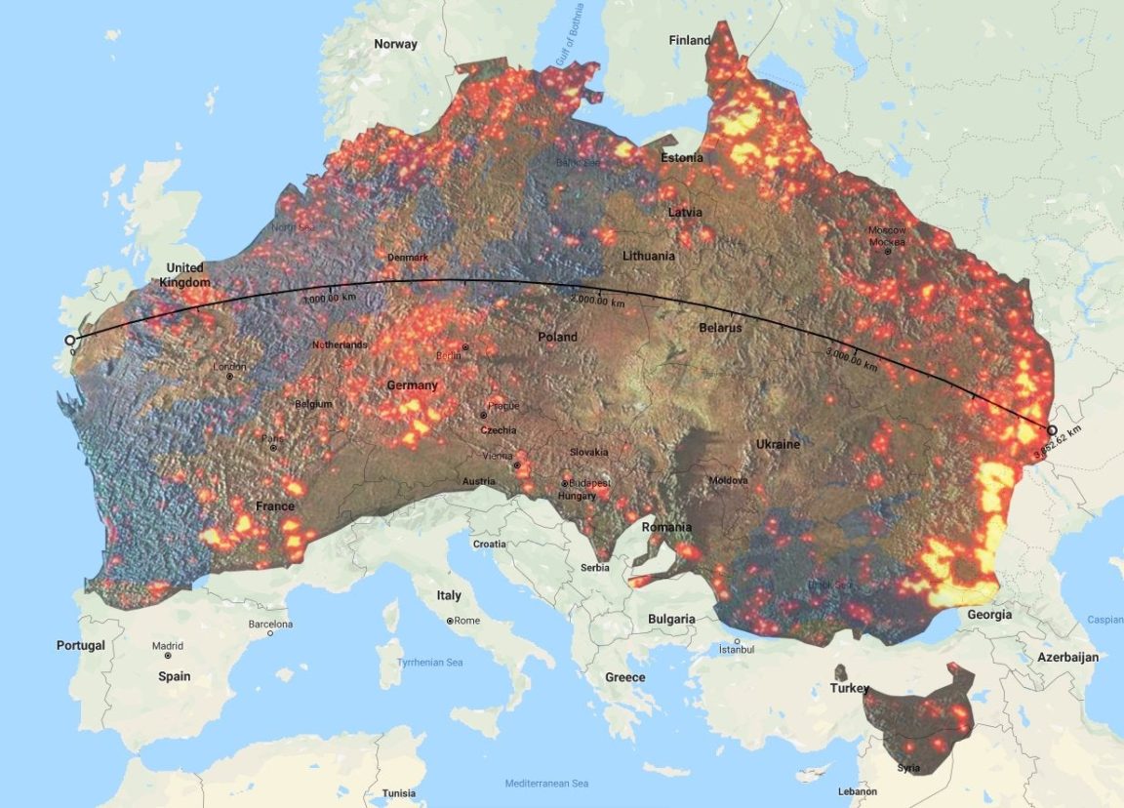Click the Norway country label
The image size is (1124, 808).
point(395,44)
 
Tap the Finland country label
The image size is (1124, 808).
point(689,40)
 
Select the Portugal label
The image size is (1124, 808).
point(80,645)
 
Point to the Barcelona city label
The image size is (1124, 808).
point(270,624)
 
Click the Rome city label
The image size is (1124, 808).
point(465,621)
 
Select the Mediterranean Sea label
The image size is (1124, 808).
point(546,784)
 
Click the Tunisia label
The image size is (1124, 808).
point(398,792)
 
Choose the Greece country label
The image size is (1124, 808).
point(624,677)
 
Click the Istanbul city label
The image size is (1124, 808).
point(737,649)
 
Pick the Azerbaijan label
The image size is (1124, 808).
point(1067,657)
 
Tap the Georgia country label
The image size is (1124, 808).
point(988,615)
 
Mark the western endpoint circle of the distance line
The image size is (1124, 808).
point(70,340)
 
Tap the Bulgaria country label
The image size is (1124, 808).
point(671,619)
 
